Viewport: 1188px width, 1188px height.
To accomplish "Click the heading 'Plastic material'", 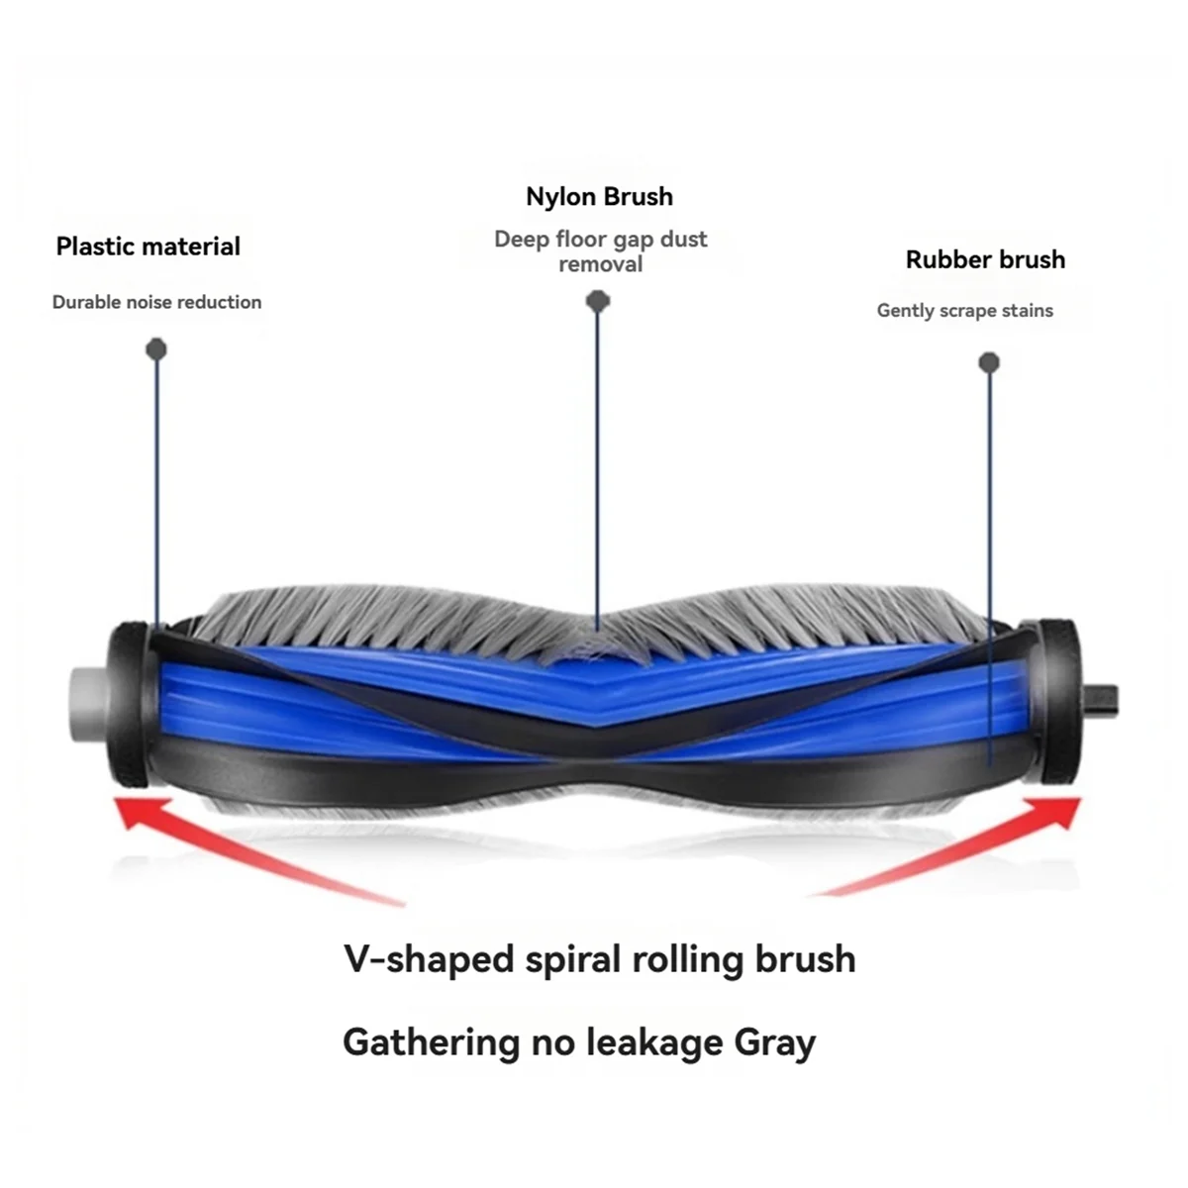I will (x=148, y=247).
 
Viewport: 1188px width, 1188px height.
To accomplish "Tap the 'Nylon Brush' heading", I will (x=599, y=197).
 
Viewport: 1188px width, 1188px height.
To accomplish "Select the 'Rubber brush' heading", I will (x=985, y=260).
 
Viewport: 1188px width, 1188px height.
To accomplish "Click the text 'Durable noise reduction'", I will (x=156, y=303).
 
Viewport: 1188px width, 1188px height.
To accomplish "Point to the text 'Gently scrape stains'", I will (x=964, y=311).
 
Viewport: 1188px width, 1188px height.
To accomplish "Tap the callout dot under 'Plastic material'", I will (x=156, y=348).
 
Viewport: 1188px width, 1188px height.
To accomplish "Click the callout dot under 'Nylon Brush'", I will (x=597, y=300).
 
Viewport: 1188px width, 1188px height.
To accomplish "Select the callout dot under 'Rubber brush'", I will (x=988, y=362).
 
